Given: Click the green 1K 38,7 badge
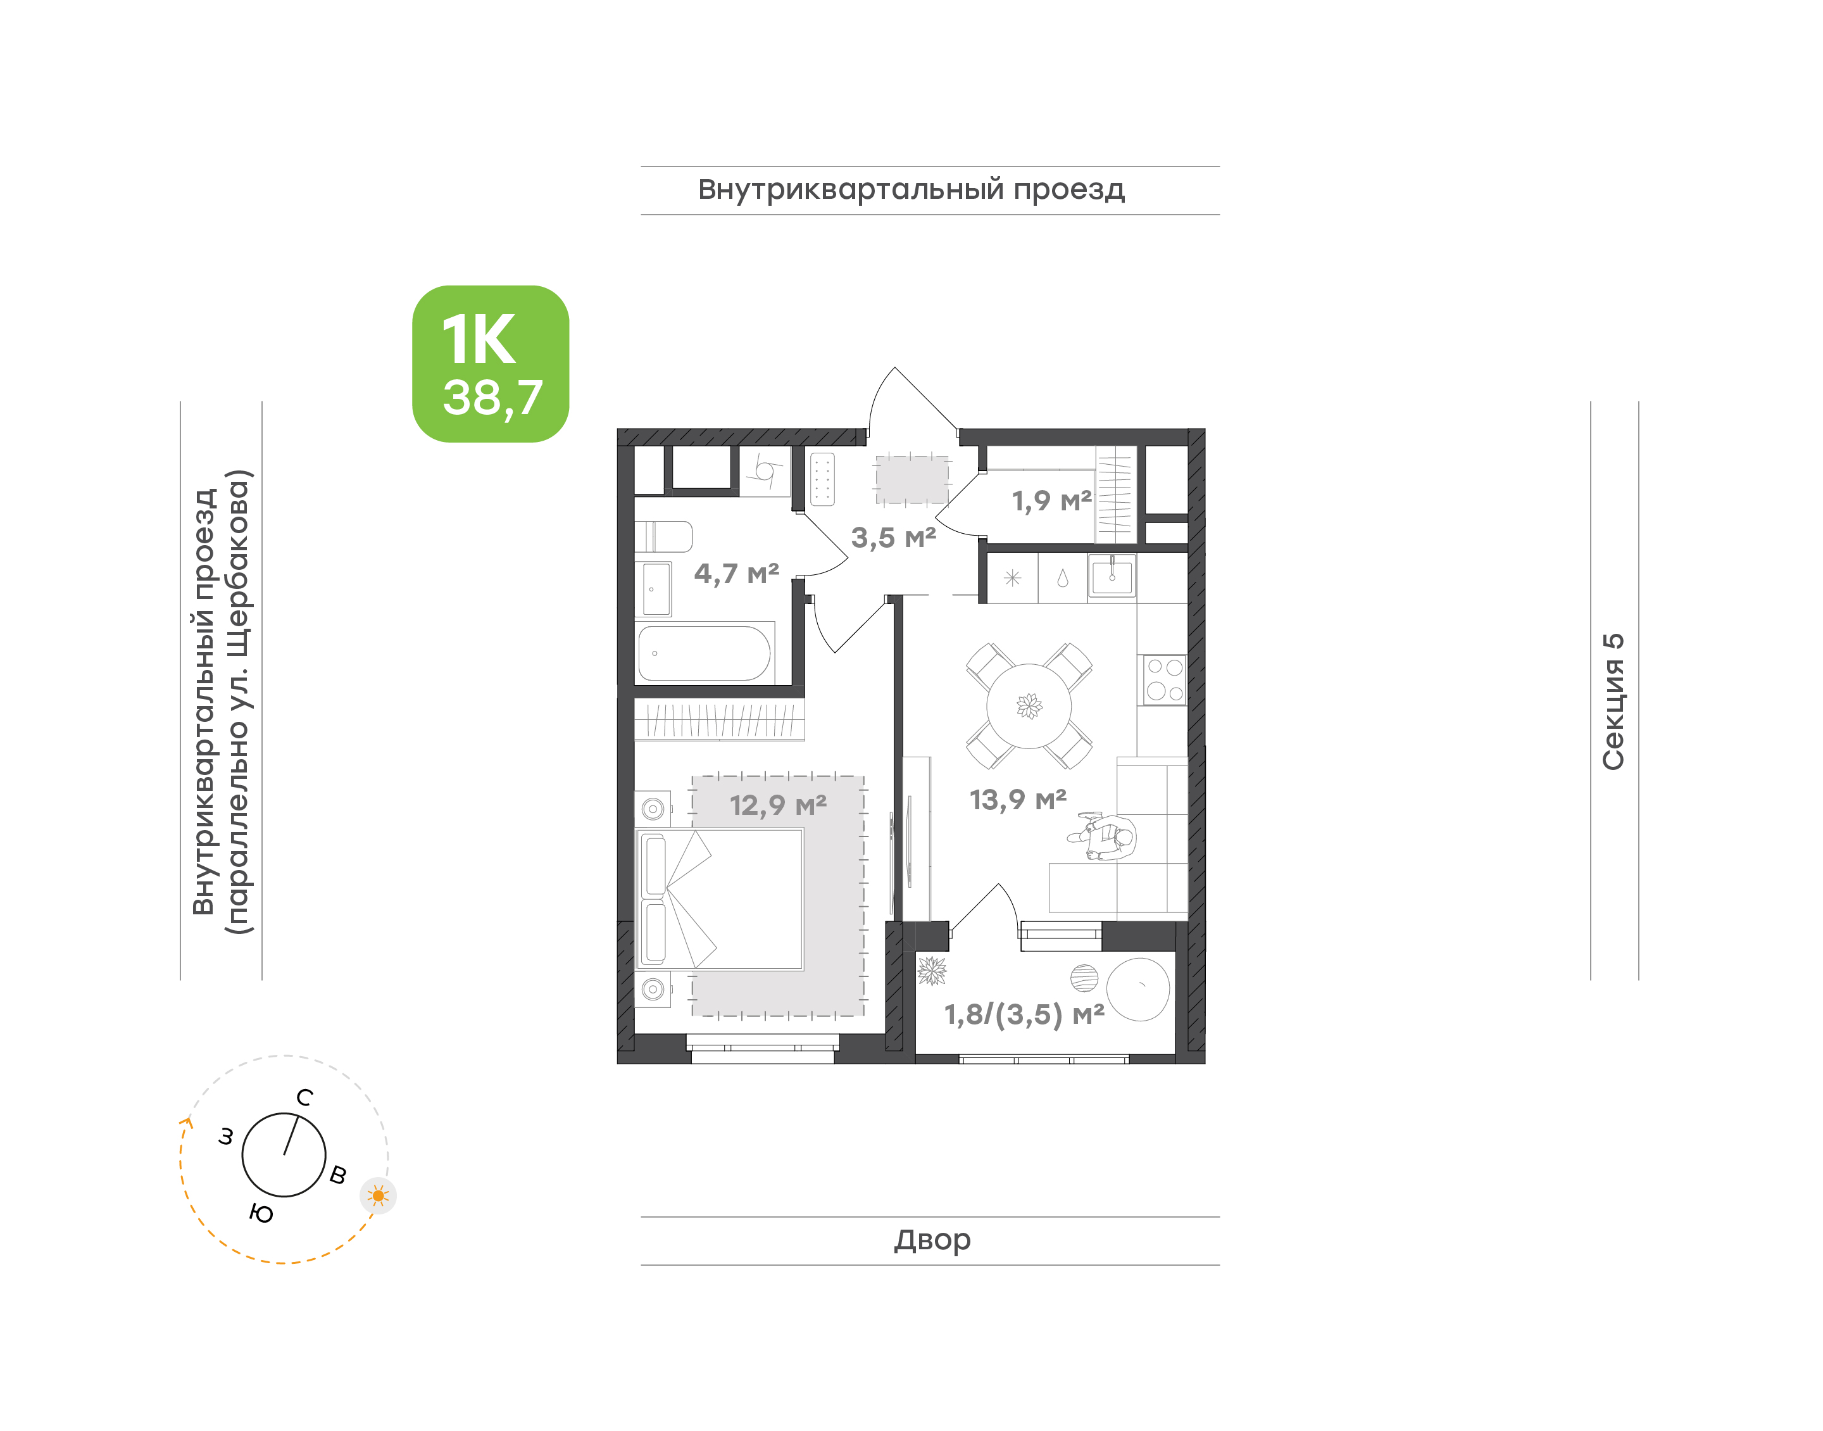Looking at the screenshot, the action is (490, 363).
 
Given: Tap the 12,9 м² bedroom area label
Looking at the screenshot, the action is (778, 805).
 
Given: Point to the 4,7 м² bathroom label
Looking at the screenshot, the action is (736, 573).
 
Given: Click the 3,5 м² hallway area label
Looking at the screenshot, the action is (894, 537).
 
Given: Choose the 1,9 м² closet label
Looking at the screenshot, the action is (1052, 500).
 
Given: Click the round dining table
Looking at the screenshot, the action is (1029, 706).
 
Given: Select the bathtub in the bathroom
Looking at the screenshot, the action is (705, 653).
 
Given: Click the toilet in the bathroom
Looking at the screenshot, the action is (663, 536).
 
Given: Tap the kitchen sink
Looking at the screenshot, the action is (1112, 575).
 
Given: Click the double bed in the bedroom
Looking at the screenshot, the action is (719, 899).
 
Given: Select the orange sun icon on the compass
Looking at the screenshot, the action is (379, 1195).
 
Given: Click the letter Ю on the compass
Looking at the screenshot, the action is (261, 1213).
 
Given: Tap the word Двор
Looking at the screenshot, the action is (932, 1239).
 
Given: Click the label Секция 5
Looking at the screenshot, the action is (1613, 702).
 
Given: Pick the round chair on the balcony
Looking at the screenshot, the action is (1138, 990).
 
